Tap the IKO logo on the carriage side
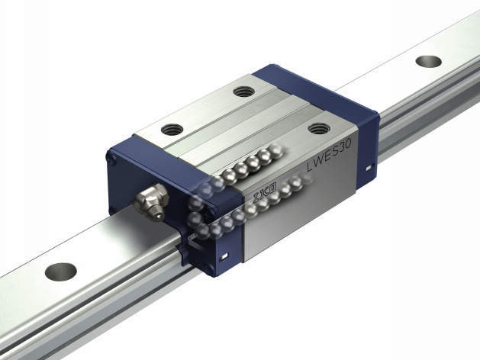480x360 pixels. (x=265, y=193)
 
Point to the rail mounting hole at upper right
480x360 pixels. (x=429, y=61)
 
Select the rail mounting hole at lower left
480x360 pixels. (x=60, y=272)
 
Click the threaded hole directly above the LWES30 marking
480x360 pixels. (x=318, y=128)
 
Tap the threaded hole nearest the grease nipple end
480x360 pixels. (x=172, y=130)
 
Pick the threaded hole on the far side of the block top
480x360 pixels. (x=243, y=92)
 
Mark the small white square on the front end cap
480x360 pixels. (x=224, y=256)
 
